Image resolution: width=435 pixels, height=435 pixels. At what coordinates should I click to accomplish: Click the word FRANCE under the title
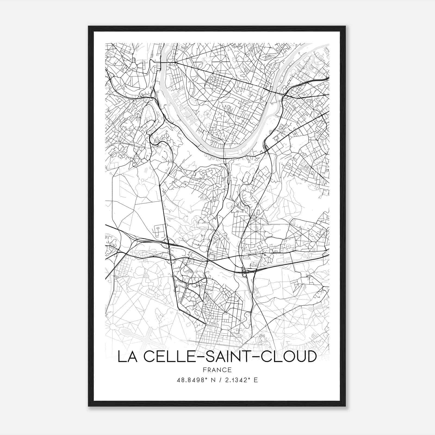point(217,370)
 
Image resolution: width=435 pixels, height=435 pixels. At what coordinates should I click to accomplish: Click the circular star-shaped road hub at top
point(221,61)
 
